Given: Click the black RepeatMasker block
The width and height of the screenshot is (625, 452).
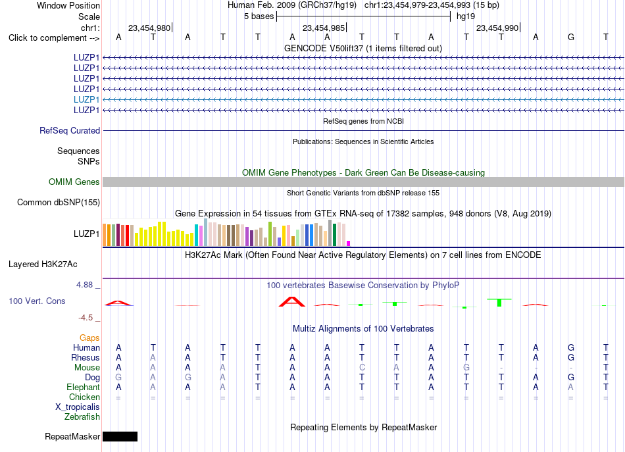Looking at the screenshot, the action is pyautogui.click(x=120, y=436).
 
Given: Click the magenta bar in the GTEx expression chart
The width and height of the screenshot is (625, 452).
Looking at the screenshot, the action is pyautogui.click(x=349, y=243).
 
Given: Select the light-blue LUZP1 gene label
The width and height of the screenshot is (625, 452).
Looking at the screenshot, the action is pyautogui.click(x=86, y=99).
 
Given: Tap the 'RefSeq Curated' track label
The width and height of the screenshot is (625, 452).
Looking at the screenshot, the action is pyautogui.click(x=70, y=130).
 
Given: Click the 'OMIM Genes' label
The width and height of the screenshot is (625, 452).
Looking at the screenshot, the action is pyautogui.click(x=74, y=182).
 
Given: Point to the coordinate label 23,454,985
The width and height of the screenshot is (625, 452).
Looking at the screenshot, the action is pyautogui.click(x=323, y=28).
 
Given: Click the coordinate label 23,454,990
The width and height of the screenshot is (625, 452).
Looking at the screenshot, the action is pyautogui.click(x=497, y=28).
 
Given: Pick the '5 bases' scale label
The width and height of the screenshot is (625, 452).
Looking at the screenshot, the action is pyautogui.click(x=259, y=16).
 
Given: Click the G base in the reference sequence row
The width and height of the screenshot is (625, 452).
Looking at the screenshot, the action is pyautogui.click(x=571, y=37).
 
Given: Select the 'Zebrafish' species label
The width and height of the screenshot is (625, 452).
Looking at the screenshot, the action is pyautogui.click(x=82, y=416).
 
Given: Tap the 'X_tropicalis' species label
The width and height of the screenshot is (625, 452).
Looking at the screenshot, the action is pyautogui.click(x=78, y=407).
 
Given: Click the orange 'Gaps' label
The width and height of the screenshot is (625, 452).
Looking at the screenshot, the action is pyautogui.click(x=89, y=338).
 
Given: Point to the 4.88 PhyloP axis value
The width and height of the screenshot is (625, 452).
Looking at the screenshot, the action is pyautogui.click(x=84, y=285).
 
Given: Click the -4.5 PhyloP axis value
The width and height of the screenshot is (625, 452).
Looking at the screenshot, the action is pyautogui.click(x=86, y=318).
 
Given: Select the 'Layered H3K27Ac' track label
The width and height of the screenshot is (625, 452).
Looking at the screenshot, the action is pyautogui.click(x=43, y=264).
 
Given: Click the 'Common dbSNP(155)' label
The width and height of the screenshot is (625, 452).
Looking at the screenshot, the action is pyautogui.click(x=59, y=202).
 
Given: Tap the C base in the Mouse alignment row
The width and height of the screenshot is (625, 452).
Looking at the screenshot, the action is pyautogui.click(x=362, y=368).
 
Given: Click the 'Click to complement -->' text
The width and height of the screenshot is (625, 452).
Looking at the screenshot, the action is pyautogui.click(x=54, y=38).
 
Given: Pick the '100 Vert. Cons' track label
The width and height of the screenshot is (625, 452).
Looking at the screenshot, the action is pyautogui.click(x=37, y=301).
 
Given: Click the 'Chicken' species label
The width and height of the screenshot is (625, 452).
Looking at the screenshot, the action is pyautogui.click(x=84, y=397).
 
